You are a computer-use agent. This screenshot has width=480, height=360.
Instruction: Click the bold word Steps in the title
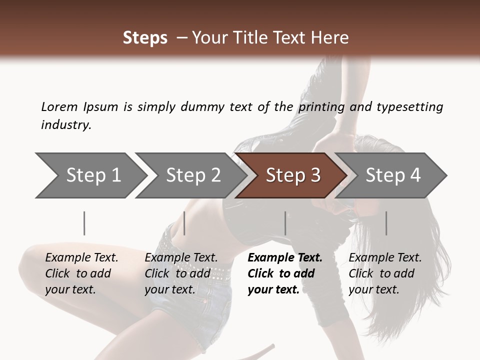tap(145, 38)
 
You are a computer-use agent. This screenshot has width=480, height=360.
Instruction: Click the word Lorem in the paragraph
tap(59, 107)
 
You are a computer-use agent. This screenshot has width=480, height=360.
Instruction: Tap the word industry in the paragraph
tap(65, 125)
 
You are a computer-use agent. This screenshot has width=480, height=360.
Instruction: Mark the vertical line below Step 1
tap(84, 223)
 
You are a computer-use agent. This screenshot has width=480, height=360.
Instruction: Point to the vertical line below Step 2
tap(184, 223)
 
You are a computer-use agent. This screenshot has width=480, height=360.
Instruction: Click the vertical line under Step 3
tap(285, 223)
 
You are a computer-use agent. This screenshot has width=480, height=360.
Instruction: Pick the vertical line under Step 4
tap(386, 223)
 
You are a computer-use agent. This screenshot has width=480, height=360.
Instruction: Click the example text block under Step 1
tap(81, 273)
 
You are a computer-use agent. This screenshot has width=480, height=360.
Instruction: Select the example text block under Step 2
tap(181, 273)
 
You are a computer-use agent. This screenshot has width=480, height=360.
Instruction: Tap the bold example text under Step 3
tap(285, 273)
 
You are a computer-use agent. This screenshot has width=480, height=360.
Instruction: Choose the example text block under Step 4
tap(385, 273)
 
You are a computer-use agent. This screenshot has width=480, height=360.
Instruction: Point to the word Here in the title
tap(331, 38)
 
